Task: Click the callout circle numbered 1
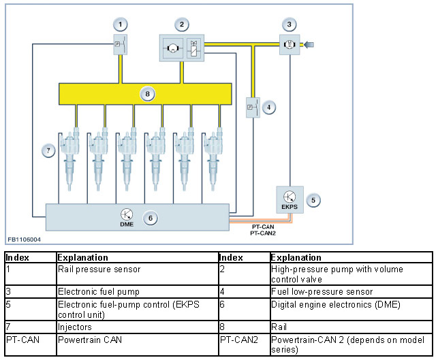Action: pyautogui.click(x=121, y=24)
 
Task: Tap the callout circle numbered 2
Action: pyautogui.click(x=182, y=24)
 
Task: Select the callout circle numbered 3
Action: pyautogui.click(x=289, y=24)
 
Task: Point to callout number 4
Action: pyautogui.click(x=268, y=108)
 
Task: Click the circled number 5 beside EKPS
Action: pyautogui.click(x=313, y=200)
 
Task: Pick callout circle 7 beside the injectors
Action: pyautogui.click(x=48, y=150)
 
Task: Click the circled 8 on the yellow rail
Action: pyautogui.click(x=148, y=94)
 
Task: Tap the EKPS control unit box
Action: pyautogui.click(x=290, y=200)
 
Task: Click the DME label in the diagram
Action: pyautogui.click(x=127, y=224)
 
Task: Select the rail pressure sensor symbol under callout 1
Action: pyautogui.click(x=121, y=44)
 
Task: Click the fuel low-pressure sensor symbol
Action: pyautogui.click(x=253, y=108)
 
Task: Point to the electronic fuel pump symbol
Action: pyautogui.click(x=290, y=44)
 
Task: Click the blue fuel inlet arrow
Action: pyautogui.click(x=309, y=44)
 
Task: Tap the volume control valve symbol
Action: pyautogui.click(x=193, y=48)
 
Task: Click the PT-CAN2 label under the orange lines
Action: pyautogui.click(x=263, y=233)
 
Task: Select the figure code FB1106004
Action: pyautogui.click(x=25, y=240)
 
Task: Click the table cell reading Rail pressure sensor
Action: pyautogui.click(x=138, y=274)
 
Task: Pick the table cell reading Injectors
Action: pyautogui.click(x=138, y=327)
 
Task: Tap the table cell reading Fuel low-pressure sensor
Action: pyautogui.click(x=351, y=292)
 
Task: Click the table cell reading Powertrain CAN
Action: pyautogui.click(x=138, y=344)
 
